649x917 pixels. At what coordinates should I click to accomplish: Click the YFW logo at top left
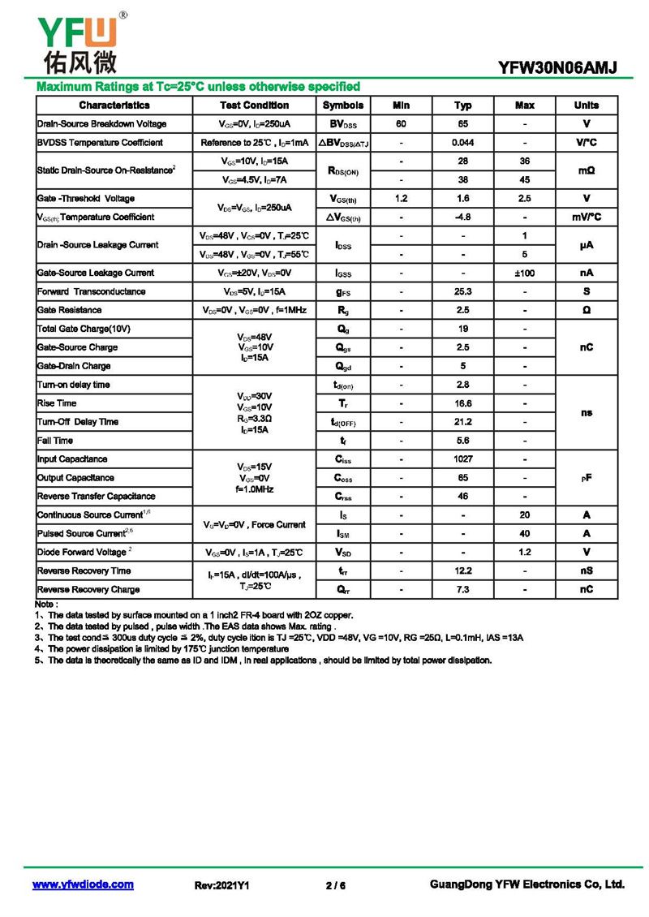tap(77, 41)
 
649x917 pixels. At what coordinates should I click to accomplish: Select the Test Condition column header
tap(254, 105)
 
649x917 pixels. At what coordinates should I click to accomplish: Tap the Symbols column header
tap(343, 105)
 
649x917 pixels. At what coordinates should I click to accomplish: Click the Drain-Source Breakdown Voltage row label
tap(101, 124)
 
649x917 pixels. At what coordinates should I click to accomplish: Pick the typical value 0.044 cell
tap(463, 143)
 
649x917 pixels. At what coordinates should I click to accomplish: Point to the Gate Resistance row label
tap(69, 310)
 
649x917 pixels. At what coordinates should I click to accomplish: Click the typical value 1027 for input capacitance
tap(463, 459)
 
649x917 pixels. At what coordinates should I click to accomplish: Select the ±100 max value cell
tap(525, 273)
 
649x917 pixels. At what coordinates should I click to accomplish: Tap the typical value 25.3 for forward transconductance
tap(463, 291)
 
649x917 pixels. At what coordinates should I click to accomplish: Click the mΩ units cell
tap(587, 171)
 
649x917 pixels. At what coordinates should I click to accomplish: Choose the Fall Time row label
tap(55, 441)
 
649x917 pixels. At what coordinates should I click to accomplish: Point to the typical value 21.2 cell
tap(463, 422)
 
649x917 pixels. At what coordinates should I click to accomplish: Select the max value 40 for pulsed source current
tap(525, 534)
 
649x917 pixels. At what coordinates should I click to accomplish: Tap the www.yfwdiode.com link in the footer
tap(83, 885)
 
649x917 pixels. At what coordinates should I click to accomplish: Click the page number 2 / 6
tap(335, 885)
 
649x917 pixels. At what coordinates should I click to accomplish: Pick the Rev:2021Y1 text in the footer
tap(221, 885)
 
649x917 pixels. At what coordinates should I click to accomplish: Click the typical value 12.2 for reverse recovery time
tap(463, 571)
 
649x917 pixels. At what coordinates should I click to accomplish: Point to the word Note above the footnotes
tap(45, 605)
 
